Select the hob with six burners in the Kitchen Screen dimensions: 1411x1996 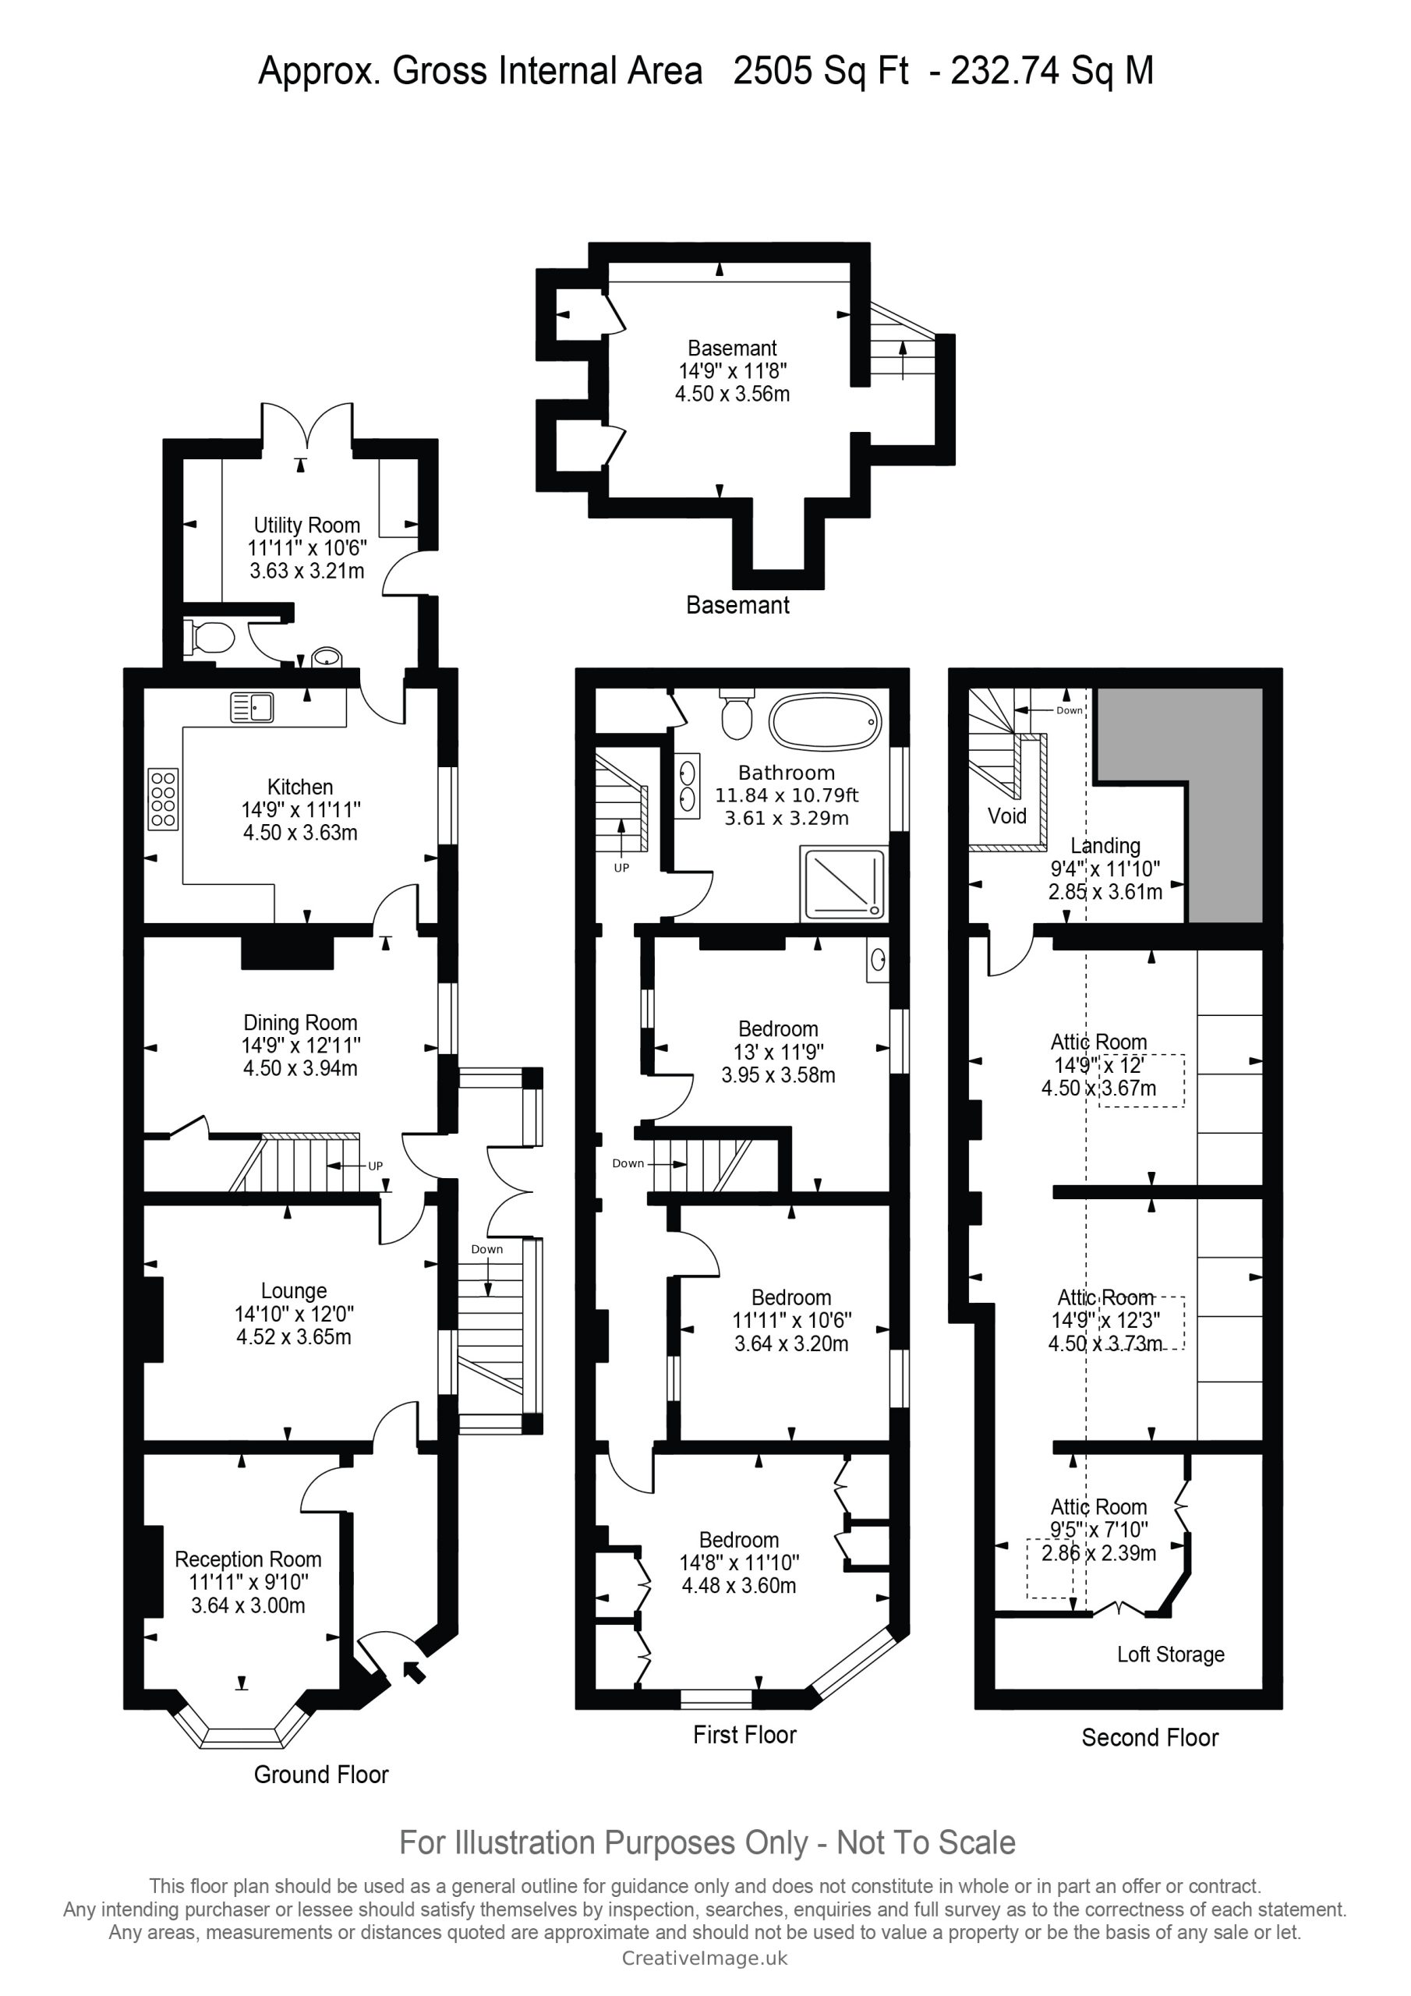(x=164, y=799)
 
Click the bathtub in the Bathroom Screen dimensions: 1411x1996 (x=825, y=721)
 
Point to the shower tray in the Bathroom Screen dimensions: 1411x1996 (x=844, y=884)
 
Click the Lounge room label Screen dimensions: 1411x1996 (x=294, y=1291)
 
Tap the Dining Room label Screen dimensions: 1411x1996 (x=300, y=1022)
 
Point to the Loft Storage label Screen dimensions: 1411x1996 (x=1170, y=1654)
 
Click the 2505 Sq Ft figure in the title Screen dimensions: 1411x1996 (x=821, y=70)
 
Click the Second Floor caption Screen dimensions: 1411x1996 (x=1149, y=1737)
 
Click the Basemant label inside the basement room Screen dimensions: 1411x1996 (x=732, y=348)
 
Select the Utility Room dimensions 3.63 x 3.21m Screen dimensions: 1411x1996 (x=307, y=572)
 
